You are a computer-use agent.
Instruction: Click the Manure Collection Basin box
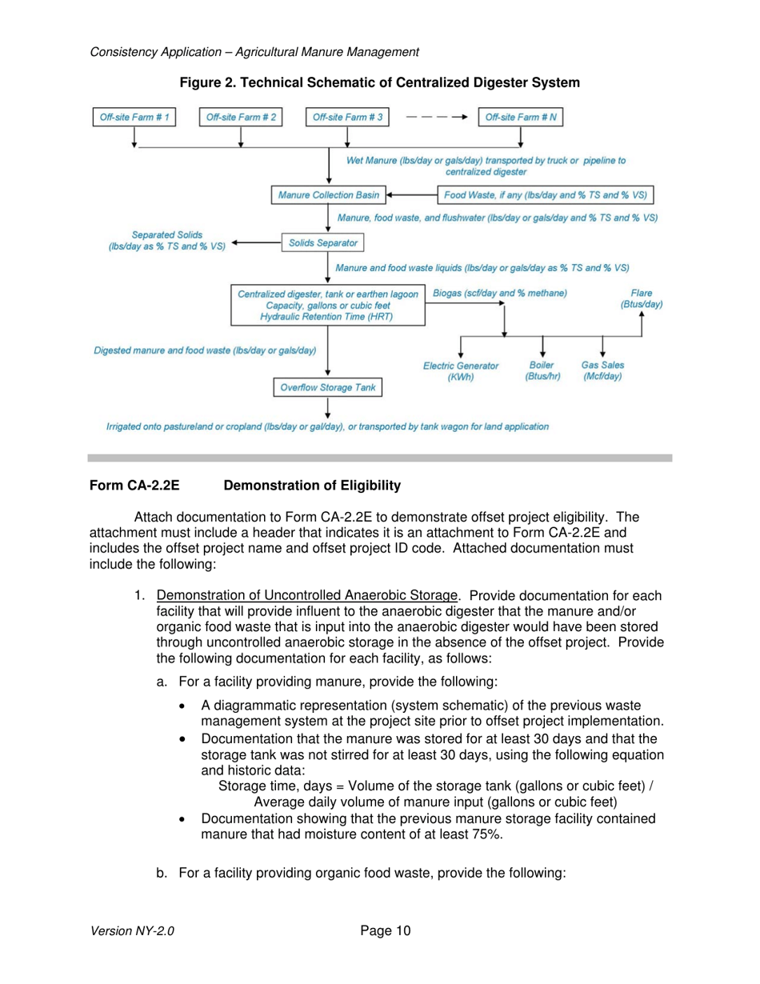click(328, 194)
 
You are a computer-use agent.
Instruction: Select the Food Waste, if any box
click(546, 194)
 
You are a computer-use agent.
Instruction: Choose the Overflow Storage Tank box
click(328, 387)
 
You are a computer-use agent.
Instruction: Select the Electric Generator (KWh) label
click(460, 371)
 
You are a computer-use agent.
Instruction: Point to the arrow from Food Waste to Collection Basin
click(410, 194)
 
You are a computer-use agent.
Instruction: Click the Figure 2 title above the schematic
click(379, 82)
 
